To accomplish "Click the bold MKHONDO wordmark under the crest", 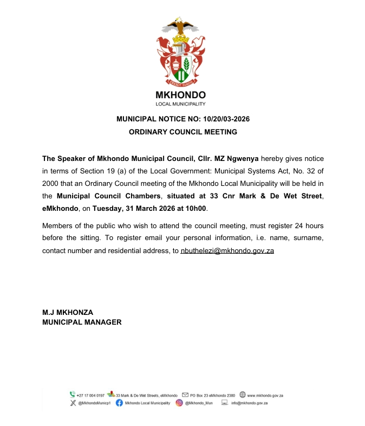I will click(x=181, y=95).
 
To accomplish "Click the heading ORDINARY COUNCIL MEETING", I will click(x=183, y=132).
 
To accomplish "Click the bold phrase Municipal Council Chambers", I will click(x=109, y=195).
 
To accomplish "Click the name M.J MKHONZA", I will click(x=68, y=312).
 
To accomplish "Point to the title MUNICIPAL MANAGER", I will click(x=82, y=322).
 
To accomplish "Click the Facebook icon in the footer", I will click(x=119, y=403).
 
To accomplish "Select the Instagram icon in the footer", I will click(x=179, y=403).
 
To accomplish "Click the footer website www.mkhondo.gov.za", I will click(x=265, y=395).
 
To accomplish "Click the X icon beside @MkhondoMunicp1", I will click(x=73, y=403).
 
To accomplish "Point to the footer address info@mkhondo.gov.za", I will click(x=249, y=403).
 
